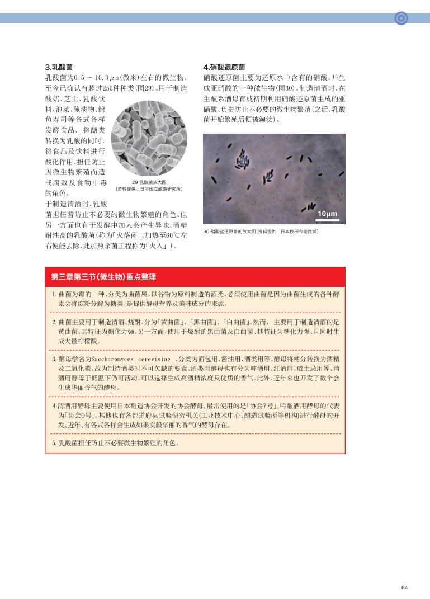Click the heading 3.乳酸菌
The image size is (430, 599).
pyautogui.click(x=59, y=67)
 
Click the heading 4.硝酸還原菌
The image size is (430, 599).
pyautogui.click(x=224, y=67)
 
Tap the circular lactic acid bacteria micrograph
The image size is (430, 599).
pyautogui.click(x=149, y=138)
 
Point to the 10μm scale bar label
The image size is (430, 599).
pyautogui.click(x=327, y=214)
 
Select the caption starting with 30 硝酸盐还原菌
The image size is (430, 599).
pyautogui.click(x=261, y=231)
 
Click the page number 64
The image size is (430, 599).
pyautogui.click(x=404, y=587)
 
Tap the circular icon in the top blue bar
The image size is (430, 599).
pyautogui.click(x=401, y=18)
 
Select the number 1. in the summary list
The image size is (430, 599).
pyautogui.click(x=54, y=294)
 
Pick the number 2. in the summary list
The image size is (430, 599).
pyautogui.click(x=54, y=322)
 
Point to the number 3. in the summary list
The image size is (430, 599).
pyautogui.click(x=54, y=359)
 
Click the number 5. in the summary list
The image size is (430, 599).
pyautogui.click(x=54, y=443)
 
